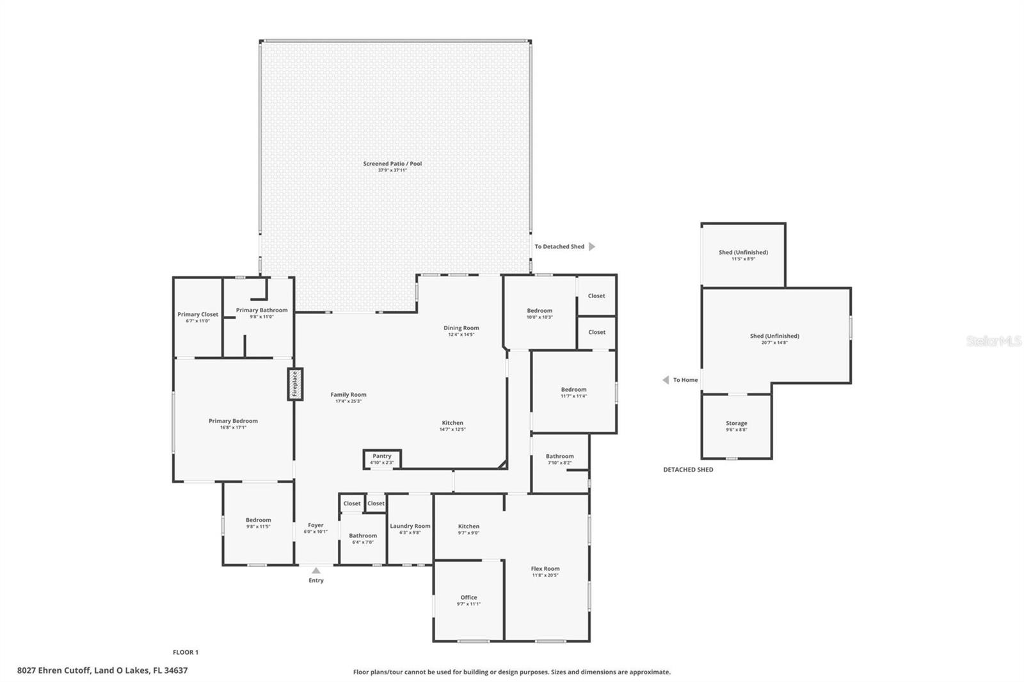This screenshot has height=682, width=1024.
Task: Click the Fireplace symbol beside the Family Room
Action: click(x=295, y=385)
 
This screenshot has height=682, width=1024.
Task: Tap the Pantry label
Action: click(x=382, y=456)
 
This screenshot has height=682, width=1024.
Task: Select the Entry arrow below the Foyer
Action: click(x=316, y=570)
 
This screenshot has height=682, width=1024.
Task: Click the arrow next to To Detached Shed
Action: click(x=592, y=246)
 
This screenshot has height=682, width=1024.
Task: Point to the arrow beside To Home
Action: click(x=666, y=380)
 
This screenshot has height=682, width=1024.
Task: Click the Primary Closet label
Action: click(x=198, y=314)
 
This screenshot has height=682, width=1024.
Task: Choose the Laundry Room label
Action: click(x=410, y=526)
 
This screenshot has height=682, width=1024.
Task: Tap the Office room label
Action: click(x=468, y=598)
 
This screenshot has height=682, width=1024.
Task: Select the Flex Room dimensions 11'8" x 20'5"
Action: click(x=545, y=575)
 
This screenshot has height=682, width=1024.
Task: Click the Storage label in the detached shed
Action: click(x=737, y=423)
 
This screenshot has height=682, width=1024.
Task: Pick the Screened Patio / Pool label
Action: click(x=392, y=164)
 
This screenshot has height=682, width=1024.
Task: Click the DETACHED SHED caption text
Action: click(x=688, y=470)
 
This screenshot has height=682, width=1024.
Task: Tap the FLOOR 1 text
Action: click(x=186, y=653)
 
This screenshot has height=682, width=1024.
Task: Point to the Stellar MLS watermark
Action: click(x=993, y=341)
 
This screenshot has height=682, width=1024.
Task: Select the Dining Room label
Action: click(x=461, y=328)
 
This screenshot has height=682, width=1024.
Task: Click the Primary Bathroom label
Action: click(x=262, y=310)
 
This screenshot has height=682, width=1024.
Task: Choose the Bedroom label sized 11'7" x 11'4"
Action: click(x=573, y=389)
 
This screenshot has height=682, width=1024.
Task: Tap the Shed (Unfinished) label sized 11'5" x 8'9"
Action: click(x=743, y=252)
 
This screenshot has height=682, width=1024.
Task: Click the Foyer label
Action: click(x=316, y=525)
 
